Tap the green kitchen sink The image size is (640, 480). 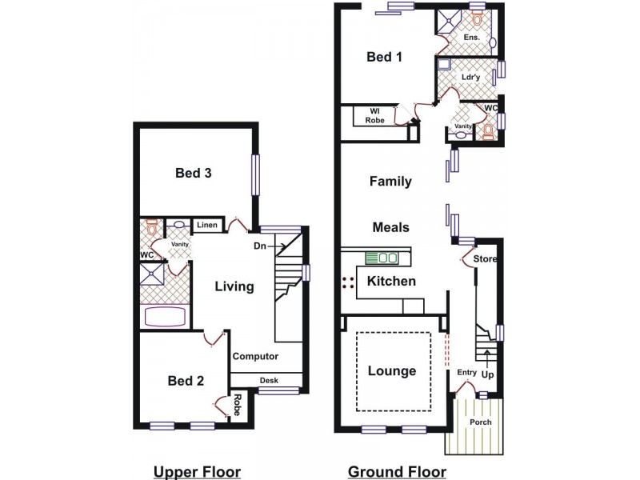point(382,258)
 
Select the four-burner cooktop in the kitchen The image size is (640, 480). point(348,282)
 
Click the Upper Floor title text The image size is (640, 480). point(198,471)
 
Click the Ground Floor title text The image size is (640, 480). point(397,471)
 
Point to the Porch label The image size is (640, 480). point(481,422)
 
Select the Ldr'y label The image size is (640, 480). point(470,78)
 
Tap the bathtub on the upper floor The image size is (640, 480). point(166,315)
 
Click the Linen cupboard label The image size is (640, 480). point(207,226)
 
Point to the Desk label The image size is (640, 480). point(269,381)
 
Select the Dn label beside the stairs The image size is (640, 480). point(259,246)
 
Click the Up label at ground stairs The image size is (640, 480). point(487,374)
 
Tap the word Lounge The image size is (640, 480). point(392,371)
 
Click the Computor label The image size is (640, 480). point(256,357)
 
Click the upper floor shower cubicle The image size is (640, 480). point(152,274)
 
